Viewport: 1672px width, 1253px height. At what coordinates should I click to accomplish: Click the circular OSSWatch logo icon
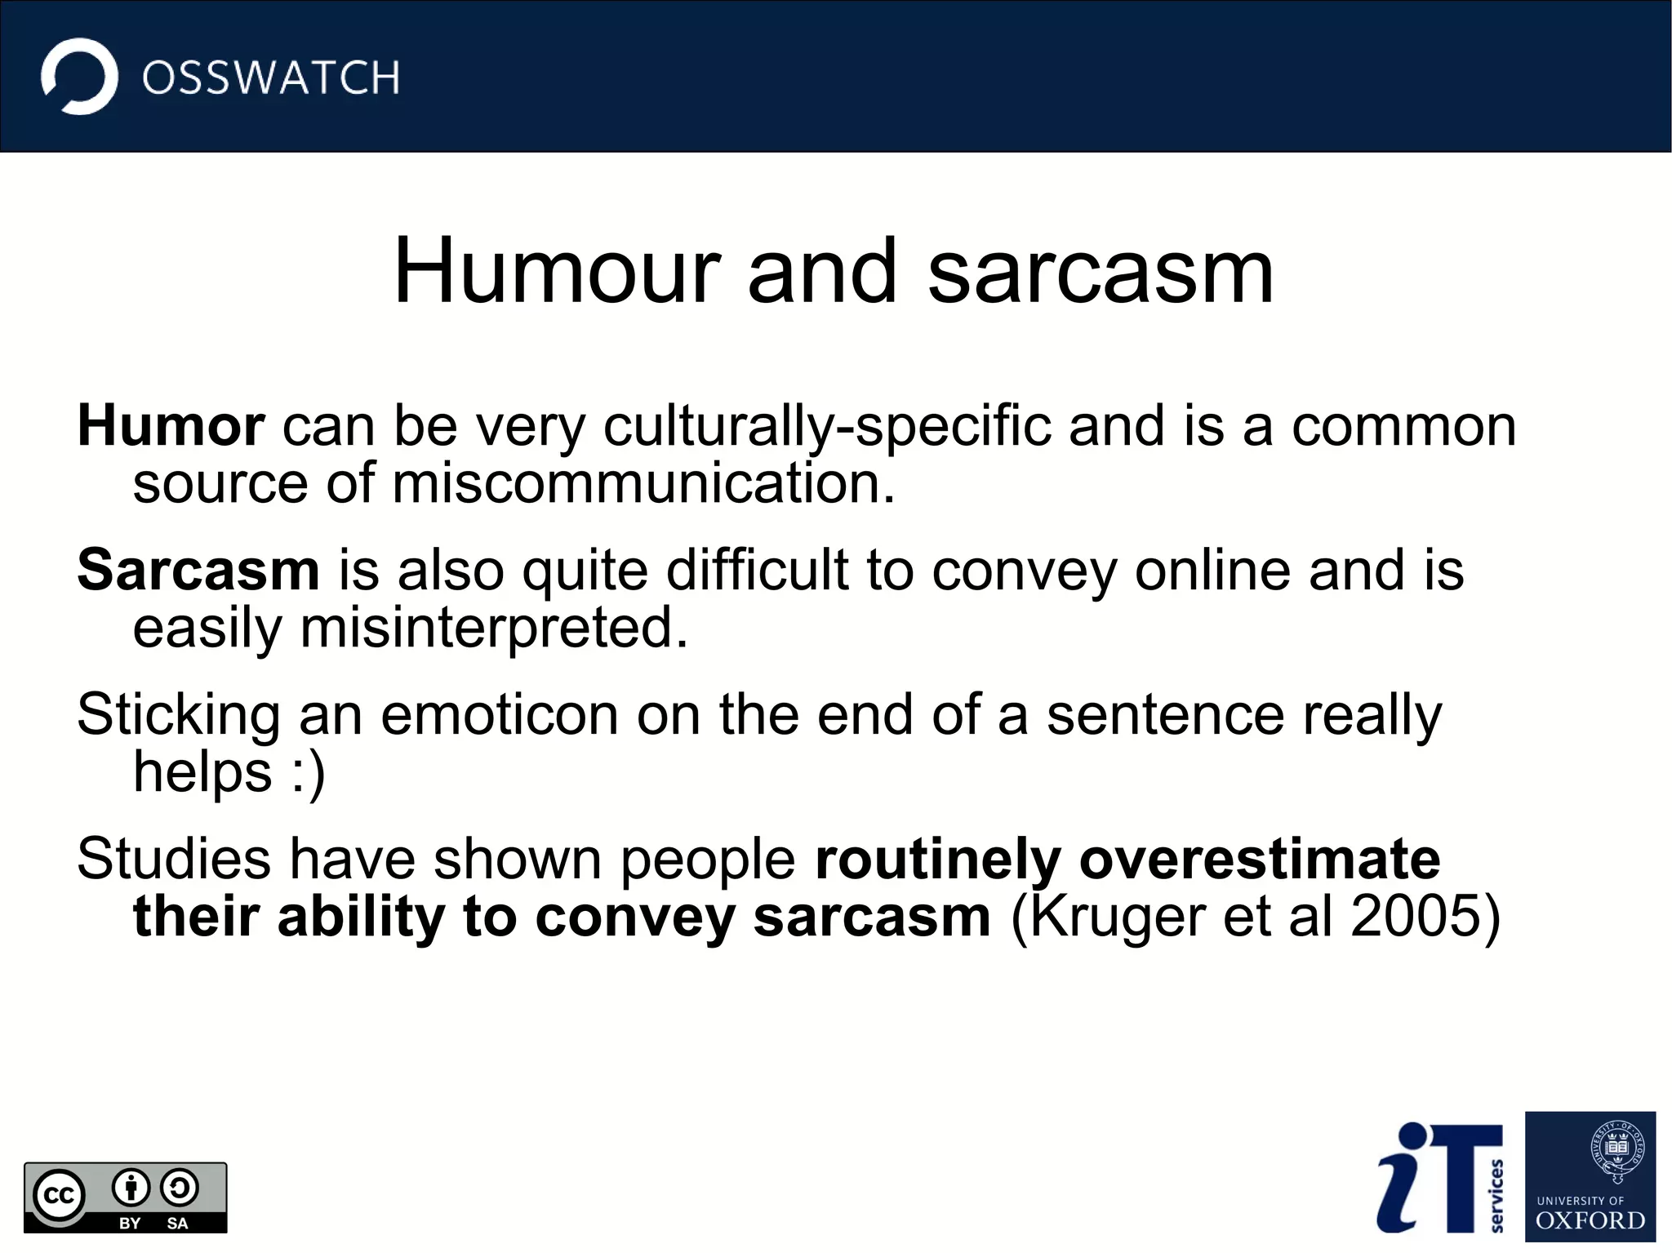click(79, 77)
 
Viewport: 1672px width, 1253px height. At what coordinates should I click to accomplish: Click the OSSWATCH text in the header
click(270, 78)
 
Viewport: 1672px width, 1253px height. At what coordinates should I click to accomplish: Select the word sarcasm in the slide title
click(1100, 272)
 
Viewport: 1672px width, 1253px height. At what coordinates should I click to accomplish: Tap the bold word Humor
click(171, 426)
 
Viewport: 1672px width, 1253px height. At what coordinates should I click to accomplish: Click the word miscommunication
click(643, 483)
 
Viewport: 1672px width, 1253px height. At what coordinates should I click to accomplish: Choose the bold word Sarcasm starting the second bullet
click(198, 570)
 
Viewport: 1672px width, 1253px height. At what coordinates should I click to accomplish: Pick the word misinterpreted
click(494, 628)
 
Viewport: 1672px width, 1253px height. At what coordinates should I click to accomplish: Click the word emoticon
click(500, 715)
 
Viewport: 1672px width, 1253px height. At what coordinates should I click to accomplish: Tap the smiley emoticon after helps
click(309, 772)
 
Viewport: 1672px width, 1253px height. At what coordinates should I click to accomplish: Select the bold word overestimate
click(1260, 860)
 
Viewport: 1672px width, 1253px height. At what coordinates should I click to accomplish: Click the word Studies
click(173, 860)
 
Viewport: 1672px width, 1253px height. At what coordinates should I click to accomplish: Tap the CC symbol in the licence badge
click(59, 1196)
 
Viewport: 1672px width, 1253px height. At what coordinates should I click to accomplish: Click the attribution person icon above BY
click(131, 1188)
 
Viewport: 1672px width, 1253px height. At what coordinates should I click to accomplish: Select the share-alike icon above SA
click(179, 1188)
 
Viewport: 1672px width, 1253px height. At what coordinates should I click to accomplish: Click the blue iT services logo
click(1439, 1177)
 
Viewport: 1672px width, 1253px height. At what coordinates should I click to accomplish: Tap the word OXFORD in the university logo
click(1590, 1220)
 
